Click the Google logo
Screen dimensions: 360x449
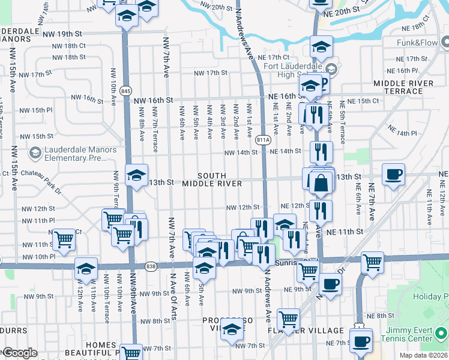point(20,353)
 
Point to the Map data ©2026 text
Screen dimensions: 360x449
point(424,355)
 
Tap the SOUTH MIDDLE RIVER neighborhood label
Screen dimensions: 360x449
point(212,178)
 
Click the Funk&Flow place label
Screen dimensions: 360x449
point(418,43)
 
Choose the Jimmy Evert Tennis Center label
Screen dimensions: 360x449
point(409,334)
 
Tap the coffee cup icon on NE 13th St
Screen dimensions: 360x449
point(393,175)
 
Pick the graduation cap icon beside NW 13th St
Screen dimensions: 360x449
point(136,176)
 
